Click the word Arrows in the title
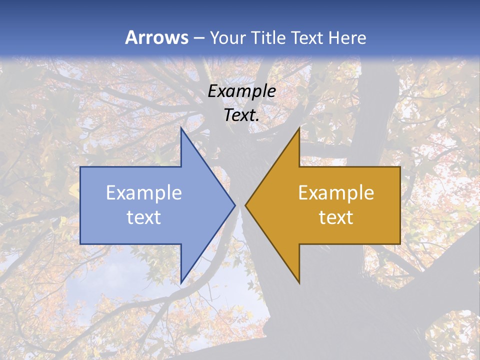(156, 37)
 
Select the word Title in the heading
(270, 37)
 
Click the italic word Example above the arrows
(242, 91)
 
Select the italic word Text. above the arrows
(241, 115)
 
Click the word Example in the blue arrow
(144, 193)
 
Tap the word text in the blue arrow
(144, 217)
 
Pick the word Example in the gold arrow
(336, 193)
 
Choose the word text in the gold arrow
(336, 217)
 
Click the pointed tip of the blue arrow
(235, 205)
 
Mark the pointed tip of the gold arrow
(245, 205)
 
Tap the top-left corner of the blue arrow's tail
(80, 167)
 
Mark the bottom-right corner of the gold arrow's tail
(400, 244)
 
